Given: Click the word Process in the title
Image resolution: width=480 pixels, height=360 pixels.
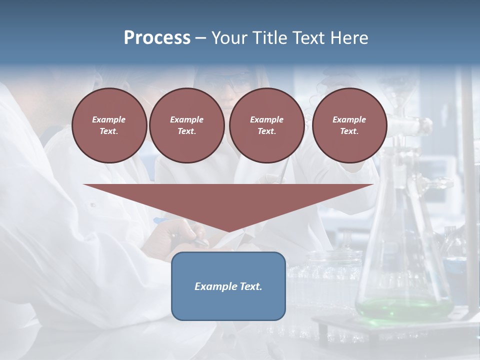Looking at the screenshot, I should click(157, 38).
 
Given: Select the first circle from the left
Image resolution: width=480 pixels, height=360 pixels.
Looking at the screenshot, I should click(109, 125).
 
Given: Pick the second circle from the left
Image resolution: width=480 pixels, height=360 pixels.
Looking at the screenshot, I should click(186, 125).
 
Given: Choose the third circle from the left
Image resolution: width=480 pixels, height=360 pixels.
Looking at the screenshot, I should click(266, 125).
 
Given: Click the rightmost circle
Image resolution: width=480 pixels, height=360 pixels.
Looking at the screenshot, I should click(349, 125).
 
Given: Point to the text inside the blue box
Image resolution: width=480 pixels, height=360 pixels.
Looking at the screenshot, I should click(228, 286).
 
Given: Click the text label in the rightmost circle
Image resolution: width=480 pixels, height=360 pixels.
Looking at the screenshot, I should click(349, 125).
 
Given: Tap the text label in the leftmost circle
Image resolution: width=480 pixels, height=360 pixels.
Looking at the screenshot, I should click(109, 125).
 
